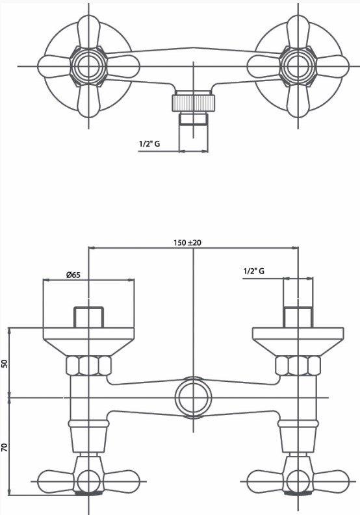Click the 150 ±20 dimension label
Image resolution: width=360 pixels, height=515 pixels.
pyautogui.click(x=187, y=243)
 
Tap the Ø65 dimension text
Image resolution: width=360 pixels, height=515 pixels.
pyautogui.click(x=73, y=274)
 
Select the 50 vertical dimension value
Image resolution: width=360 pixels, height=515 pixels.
pyautogui.click(x=5, y=363)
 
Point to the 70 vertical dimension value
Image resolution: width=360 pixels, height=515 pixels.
pyautogui.click(x=5, y=447)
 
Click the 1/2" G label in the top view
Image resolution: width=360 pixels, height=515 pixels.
pyautogui.click(x=149, y=144)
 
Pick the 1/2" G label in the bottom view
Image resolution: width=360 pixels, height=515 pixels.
pyautogui.click(x=253, y=271)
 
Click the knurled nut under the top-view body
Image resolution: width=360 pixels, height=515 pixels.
pyautogui.click(x=194, y=103)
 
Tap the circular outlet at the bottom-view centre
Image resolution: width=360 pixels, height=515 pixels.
pyautogui.click(x=193, y=397)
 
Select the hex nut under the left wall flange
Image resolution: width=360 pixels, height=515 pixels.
pyautogui.click(x=89, y=366)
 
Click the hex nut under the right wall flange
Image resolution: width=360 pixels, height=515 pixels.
pyautogui.click(x=298, y=366)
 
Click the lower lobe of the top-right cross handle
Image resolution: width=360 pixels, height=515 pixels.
pyautogui.click(x=298, y=101)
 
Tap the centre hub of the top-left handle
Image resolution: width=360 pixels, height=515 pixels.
pyautogui.click(x=89, y=66)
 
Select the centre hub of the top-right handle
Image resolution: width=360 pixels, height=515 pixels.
pyautogui.click(x=298, y=66)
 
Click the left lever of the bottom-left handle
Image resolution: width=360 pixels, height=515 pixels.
pyautogui.click(x=57, y=481)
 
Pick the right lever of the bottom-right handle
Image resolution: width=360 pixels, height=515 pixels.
pyautogui.click(x=331, y=481)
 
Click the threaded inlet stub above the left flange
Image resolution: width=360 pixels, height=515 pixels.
pyautogui.click(x=89, y=318)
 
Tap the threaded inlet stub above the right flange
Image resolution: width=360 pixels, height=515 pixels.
pyautogui.click(x=298, y=318)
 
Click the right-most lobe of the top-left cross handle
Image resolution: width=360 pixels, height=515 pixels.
pyautogui.click(x=123, y=66)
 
